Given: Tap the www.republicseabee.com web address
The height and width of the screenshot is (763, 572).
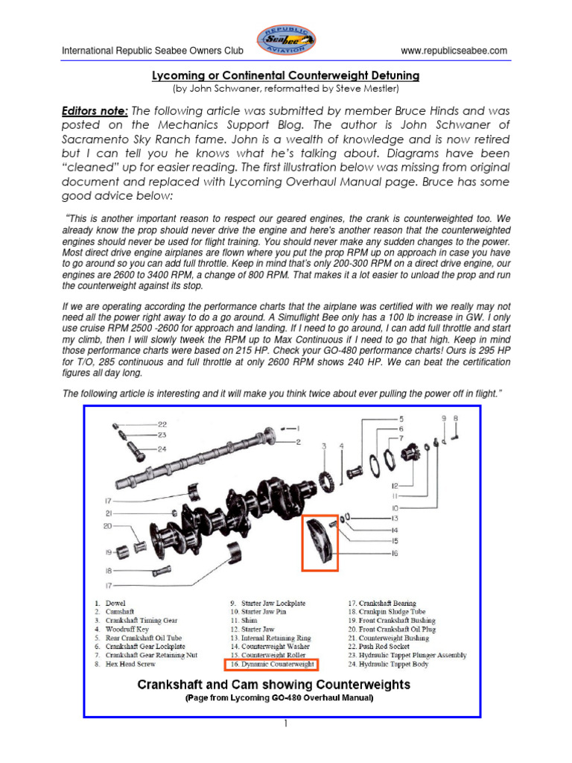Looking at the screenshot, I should click(454, 51).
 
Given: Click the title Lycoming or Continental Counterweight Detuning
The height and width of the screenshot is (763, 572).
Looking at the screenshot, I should click(286, 76).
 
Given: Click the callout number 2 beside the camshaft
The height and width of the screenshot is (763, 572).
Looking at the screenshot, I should click(297, 443).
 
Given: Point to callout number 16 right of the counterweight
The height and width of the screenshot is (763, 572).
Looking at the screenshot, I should click(394, 554).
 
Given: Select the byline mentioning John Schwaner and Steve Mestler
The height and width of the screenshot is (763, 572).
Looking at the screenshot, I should click(286, 88).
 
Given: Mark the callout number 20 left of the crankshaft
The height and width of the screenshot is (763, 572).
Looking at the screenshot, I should click(107, 526).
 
